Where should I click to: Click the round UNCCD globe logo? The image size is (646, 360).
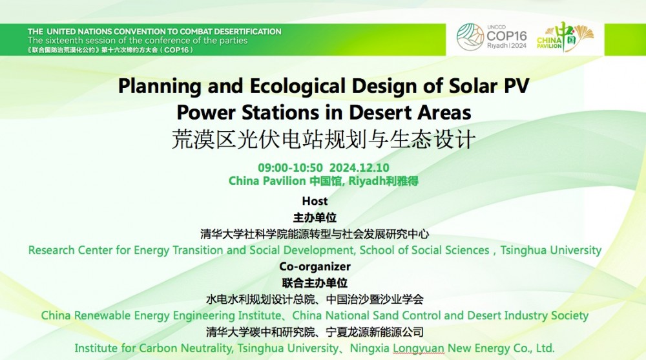point(470,37)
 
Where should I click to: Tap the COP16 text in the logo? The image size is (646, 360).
point(506,36)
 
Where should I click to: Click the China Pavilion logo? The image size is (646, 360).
point(565,37)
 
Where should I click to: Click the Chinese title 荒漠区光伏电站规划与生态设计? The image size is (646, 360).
point(324,139)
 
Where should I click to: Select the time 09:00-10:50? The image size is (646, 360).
point(290,168)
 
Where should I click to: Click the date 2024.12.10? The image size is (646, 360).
point(359,168)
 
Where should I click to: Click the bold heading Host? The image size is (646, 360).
point(315,201)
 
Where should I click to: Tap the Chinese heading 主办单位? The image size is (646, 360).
point(315,217)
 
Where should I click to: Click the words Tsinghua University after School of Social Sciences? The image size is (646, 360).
point(551,250)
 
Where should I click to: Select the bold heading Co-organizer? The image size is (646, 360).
point(315,267)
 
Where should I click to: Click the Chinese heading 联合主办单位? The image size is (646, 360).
point(315,283)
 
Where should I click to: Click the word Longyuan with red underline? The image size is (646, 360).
point(418,348)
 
